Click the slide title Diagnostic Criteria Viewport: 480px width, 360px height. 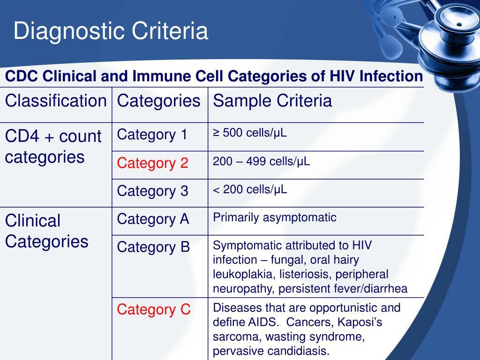pyautogui.click(x=111, y=31)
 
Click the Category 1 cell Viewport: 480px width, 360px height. pyautogui.click(x=152, y=135)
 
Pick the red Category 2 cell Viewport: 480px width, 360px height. pyautogui.click(x=152, y=163)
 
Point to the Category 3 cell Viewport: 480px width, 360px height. pyautogui.click(x=152, y=191)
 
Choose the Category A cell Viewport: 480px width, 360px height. pyautogui.click(x=153, y=219)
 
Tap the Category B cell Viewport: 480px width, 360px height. pyautogui.click(x=153, y=247)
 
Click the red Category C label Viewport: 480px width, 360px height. pyautogui.click(x=154, y=309)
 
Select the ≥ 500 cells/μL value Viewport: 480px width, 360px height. pyautogui.click(x=250, y=133)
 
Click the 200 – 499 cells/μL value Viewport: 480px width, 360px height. pyautogui.click(x=262, y=161)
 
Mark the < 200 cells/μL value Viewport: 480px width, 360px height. pyautogui.click(x=250, y=189)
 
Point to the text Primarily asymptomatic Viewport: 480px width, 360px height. pyautogui.click(x=275, y=217)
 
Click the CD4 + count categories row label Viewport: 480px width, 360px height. pyautogui.click(x=53, y=147)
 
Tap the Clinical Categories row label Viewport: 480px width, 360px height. pyautogui.click(x=46, y=231)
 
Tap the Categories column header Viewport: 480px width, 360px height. pyautogui.click(x=158, y=101)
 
